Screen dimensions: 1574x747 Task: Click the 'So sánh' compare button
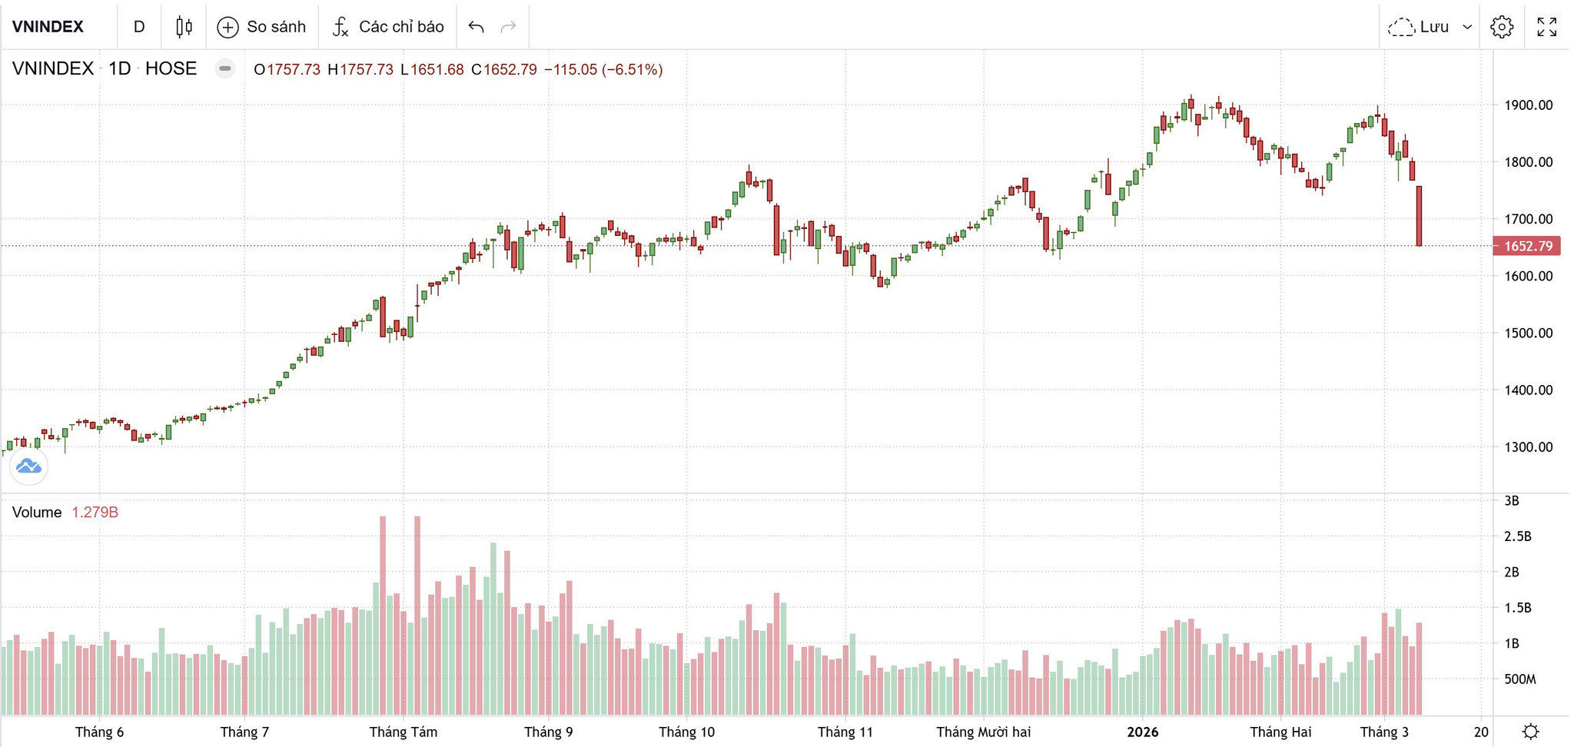click(x=261, y=27)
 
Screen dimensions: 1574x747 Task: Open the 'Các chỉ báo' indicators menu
click(x=388, y=27)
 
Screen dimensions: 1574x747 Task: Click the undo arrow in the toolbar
click(x=476, y=27)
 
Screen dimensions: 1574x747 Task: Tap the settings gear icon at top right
click(x=1502, y=27)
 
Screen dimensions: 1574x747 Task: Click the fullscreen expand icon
click(x=1546, y=27)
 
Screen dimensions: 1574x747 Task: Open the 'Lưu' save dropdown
click(x=1430, y=27)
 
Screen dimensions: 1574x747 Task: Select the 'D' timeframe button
click(x=139, y=27)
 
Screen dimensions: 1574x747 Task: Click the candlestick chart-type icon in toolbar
click(x=184, y=27)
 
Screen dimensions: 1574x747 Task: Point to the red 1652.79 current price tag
click(x=1526, y=246)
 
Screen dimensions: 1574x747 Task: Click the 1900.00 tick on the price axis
click(x=1528, y=105)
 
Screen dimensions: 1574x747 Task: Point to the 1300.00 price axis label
click(x=1528, y=447)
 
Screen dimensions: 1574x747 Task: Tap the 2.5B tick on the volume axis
click(x=1517, y=536)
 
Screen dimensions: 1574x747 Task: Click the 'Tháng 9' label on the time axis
click(x=548, y=732)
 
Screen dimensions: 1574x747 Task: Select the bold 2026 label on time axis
click(x=1142, y=732)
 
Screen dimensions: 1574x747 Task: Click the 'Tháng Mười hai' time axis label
click(x=983, y=732)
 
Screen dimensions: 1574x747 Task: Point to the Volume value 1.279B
click(x=95, y=513)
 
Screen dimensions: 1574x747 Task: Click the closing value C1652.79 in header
click(x=503, y=70)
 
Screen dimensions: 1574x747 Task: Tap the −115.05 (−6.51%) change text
click(x=603, y=70)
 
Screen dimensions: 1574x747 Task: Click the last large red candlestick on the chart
click(x=1419, y=216)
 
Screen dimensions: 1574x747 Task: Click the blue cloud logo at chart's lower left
click(x=28, y=466)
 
